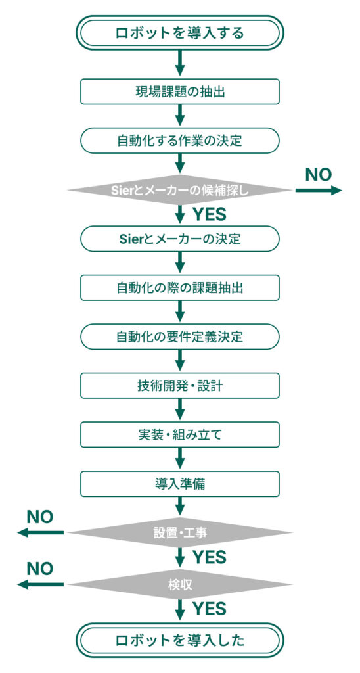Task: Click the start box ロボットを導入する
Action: click(x=180, y=33)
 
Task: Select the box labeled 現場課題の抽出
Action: click(x=180, y=92)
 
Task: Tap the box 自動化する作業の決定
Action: click(x=180, y=141)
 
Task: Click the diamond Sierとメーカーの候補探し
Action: click(x=180, y=190)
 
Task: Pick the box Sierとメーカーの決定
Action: click(x=180, y=239)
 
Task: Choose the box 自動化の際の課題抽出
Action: click(x=180, y=288)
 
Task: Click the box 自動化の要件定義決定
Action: click(x=180, y=336)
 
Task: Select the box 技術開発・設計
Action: click(x=180, y=385)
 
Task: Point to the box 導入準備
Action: click(x=180, y=484)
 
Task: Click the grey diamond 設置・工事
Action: click(x=180, y=532)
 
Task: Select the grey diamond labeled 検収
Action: click(x=180, y=584)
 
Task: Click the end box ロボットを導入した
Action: click(x=180, y=640)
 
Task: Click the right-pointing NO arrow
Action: click(x=319, y=190)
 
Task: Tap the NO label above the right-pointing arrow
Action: click(x=319, y=174)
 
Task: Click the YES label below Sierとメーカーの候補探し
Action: click(x=210, y=214)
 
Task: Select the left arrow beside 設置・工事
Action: click(x=40, y=532)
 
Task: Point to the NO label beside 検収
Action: click(x=40, y=569)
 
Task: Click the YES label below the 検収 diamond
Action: click(x=210, y=608)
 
